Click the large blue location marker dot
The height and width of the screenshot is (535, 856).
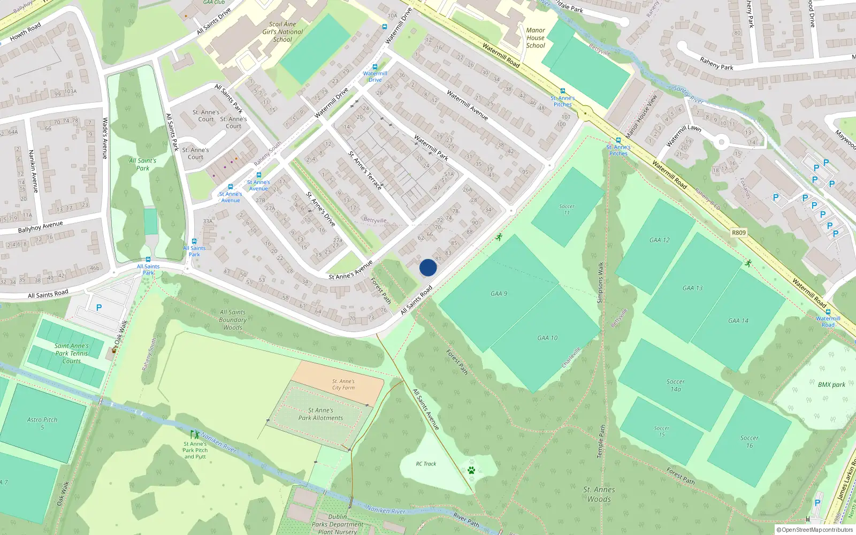428,267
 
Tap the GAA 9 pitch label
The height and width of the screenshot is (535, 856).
499,294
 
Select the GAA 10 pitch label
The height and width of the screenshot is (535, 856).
547,338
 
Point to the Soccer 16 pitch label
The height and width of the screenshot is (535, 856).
750,441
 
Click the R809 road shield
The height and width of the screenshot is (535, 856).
738,233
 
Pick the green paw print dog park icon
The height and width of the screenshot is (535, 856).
471,470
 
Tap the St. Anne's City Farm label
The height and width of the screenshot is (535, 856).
343,385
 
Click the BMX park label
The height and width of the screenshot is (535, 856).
831,385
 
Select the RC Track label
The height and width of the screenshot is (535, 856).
426,464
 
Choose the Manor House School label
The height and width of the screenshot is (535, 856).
536,38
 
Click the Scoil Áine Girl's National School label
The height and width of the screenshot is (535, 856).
282,32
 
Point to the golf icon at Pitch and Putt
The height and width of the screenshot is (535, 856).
195,434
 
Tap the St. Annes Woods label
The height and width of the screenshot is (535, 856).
599,494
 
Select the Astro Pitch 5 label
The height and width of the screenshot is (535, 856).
42,423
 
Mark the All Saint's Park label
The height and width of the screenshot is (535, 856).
143,164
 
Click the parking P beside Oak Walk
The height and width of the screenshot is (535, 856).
98,308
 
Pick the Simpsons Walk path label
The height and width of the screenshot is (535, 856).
600,282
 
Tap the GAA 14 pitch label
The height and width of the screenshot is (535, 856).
738,320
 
